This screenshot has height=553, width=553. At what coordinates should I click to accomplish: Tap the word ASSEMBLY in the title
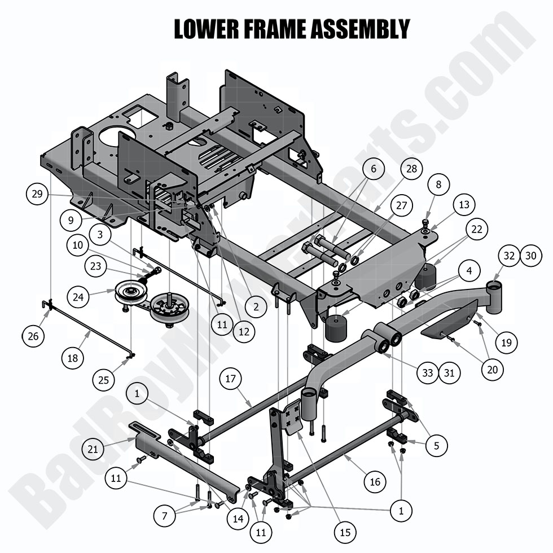362,29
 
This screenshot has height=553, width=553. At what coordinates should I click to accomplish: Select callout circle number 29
37,194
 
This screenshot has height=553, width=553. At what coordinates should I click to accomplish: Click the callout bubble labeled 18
72,357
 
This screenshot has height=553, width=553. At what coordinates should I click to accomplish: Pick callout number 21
93,449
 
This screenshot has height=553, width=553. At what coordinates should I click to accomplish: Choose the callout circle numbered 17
230,380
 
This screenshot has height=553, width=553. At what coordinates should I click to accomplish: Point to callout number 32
509,255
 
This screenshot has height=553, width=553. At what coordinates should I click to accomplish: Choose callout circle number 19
506,341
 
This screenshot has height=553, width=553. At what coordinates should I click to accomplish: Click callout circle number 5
436,446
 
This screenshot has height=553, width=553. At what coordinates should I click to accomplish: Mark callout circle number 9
71,221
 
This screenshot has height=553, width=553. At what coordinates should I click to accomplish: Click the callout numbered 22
477,229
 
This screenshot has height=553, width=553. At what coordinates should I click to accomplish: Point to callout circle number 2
256,306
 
